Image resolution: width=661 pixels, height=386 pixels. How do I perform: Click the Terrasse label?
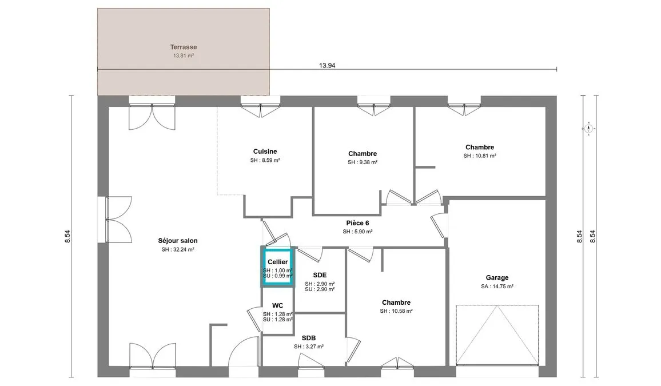tap(184, 47)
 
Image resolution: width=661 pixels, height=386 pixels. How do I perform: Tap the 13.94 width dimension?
tap(327, 65)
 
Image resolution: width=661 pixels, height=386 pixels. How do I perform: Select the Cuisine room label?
tap(265, 152)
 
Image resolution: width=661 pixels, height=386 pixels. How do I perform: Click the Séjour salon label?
tap(178, 241)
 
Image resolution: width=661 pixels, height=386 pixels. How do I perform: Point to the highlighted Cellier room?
tap(277, 267)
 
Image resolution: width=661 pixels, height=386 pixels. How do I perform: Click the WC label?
tap(277, 305)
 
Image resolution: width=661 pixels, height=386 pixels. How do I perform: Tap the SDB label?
tap(309, 338)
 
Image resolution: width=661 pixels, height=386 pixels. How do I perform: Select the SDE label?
tap(320, 275)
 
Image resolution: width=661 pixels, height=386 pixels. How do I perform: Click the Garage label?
tap(497, 278)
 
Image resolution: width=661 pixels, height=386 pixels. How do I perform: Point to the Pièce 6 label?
tap(357, 223)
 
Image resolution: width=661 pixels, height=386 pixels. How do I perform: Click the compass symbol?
tap(589, 128)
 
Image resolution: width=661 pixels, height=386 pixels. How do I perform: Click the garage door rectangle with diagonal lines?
tap(497, 335)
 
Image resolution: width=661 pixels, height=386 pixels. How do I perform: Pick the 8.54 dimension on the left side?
tap(67, 236)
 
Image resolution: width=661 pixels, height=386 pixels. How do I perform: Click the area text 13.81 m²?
tap(184, 55)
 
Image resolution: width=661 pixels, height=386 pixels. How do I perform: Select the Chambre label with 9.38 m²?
tap(363, 153)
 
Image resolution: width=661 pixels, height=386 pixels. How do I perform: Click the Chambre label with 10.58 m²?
tap(396, 303)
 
